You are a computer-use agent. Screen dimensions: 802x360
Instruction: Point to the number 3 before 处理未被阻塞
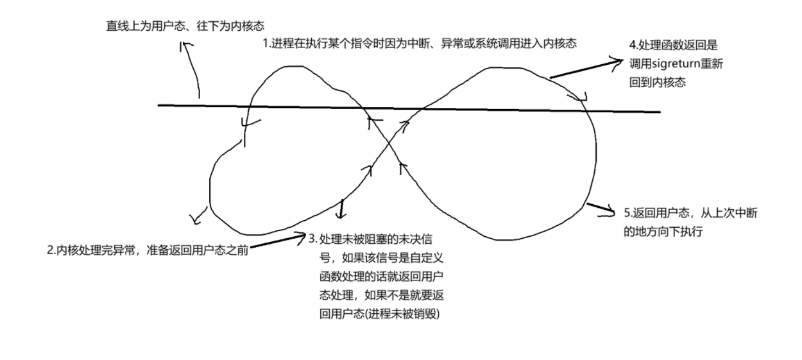pos(312,239)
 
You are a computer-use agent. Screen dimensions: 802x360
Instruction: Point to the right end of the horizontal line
pos(659,112)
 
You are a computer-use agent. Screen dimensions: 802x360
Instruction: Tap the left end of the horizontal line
pos(160,105)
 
